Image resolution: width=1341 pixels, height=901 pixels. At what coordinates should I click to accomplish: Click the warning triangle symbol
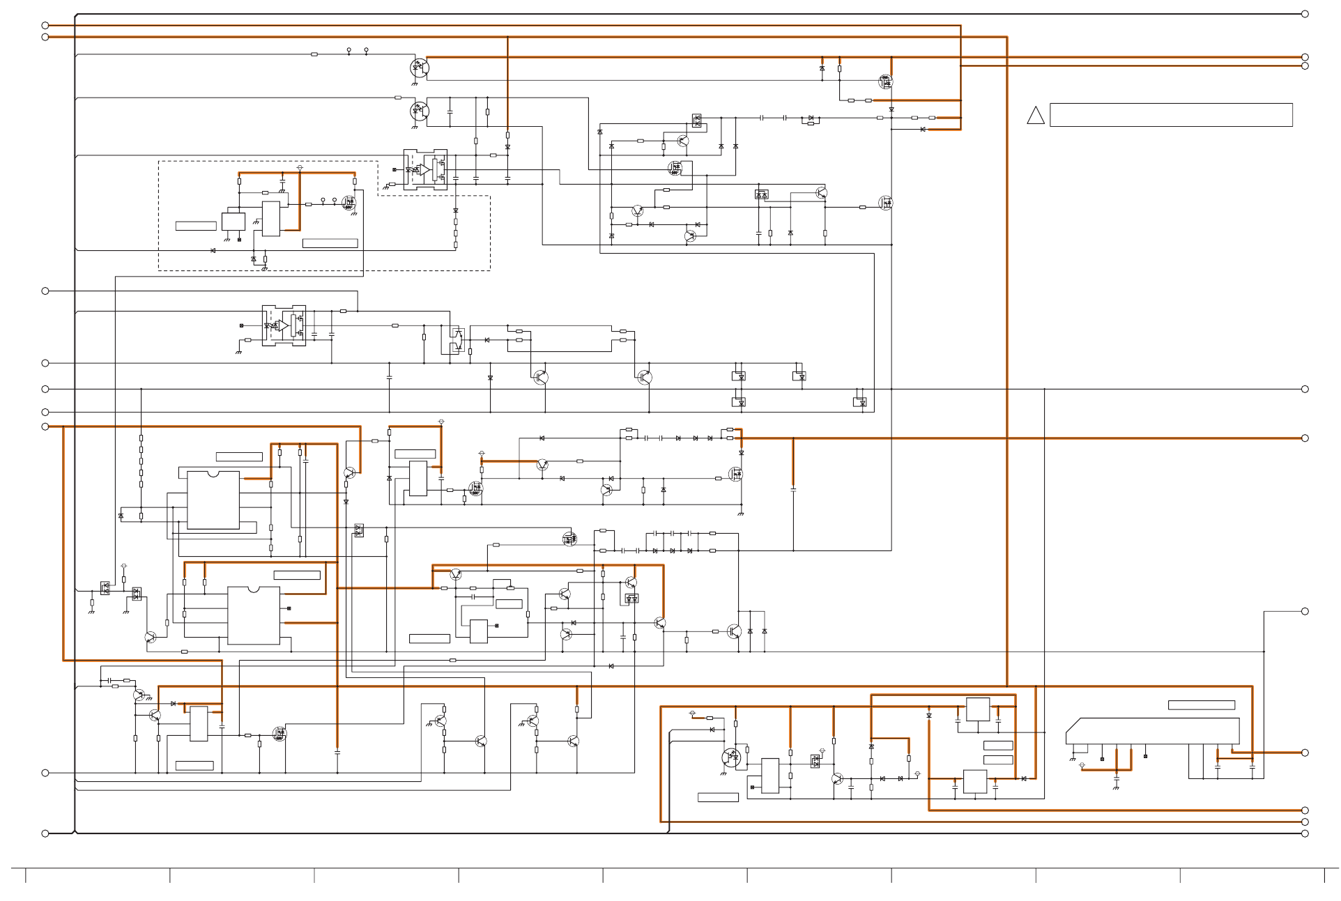(1035, 116)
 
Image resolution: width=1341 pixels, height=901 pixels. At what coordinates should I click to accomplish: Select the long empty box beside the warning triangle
(1170, 115)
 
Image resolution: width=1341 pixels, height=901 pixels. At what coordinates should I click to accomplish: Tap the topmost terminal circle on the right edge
(1305, 14)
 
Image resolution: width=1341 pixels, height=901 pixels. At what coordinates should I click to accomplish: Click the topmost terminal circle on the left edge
(45, 26)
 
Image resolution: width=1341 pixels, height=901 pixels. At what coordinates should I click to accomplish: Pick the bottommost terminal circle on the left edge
(45, 833)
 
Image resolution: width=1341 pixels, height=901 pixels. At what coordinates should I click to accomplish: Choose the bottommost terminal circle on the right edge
(1305, 833)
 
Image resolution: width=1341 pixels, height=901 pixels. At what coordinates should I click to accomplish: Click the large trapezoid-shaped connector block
(1152, 731)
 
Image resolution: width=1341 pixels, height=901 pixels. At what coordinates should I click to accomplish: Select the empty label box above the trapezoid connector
(1201, 705)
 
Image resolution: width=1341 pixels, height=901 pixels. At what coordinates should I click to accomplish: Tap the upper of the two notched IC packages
(213, 500)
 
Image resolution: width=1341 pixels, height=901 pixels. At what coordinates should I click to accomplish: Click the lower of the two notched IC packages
(254, 615)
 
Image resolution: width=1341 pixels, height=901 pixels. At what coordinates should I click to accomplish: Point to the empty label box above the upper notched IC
(239, 457)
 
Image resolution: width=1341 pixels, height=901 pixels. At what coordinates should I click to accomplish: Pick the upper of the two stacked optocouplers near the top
(420, 68)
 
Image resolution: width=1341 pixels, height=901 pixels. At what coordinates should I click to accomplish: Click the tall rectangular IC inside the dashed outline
(271, 219)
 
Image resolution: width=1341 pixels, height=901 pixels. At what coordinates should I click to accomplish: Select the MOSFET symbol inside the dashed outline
(348, 203)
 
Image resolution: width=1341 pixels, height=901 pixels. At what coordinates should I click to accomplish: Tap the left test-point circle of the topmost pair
(348, 50)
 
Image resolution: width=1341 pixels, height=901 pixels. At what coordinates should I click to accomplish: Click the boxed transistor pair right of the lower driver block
(457, 339)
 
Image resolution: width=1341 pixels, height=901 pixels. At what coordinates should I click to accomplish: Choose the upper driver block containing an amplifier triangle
(425, 169)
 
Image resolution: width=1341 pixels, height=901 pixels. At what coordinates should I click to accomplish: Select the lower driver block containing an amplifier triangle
(284, 325)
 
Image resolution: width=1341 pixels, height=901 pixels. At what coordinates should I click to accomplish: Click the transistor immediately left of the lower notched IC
(151, 637)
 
